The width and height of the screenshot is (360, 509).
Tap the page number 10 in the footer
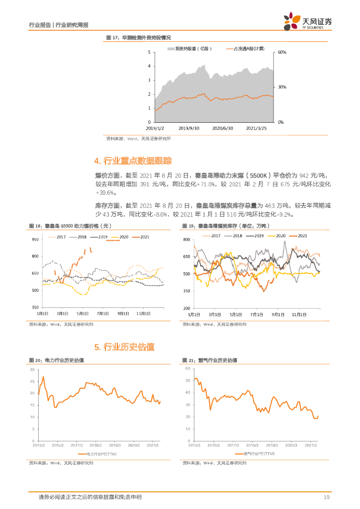click(327, 497)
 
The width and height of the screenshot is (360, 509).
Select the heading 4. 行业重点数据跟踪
click(133, 161)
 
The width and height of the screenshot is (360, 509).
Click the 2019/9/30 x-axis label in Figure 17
click(188, 128)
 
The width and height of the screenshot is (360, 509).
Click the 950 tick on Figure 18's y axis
click(35, 240)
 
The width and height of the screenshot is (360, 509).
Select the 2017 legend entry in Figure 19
click(211, 235)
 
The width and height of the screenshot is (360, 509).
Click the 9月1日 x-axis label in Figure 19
click(278, 315)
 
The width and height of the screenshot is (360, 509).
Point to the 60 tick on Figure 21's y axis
click(187, 368)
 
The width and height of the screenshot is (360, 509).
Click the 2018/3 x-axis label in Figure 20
click(95, 445)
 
